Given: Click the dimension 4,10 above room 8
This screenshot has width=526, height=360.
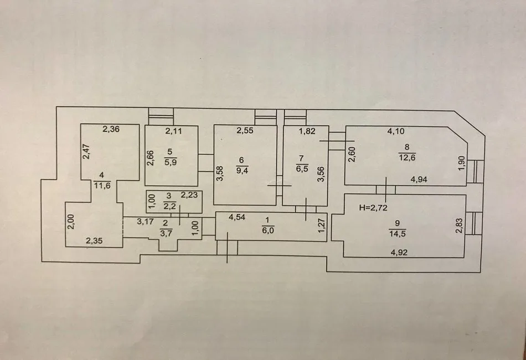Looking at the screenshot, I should click(x=396, y=131).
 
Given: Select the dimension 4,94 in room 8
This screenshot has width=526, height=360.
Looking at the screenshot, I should click(x=420, y=179).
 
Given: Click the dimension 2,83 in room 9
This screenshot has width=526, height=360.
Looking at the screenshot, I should click(x=458, y=226).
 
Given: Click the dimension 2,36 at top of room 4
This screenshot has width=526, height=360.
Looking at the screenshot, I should click(x=111, y=130).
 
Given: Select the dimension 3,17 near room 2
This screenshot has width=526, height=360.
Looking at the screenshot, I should click(x=146, y=223).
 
